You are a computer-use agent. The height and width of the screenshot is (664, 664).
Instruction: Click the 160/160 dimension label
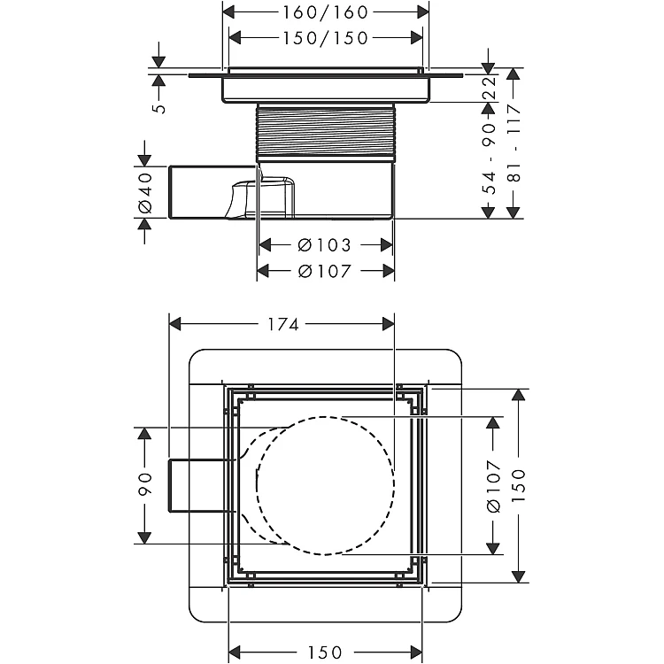tap(325, 12)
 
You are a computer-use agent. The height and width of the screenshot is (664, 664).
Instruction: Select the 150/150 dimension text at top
tap(325, 38)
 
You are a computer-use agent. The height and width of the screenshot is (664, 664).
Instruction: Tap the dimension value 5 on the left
tap(159, 108)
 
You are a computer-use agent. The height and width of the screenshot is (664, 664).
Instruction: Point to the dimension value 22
tap(490, 88)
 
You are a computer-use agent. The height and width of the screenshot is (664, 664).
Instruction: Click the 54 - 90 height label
tap(490, 158)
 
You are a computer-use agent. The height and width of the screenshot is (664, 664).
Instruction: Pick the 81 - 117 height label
tap(514, 143)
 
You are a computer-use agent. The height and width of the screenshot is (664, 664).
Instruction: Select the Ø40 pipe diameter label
tap(145, 192)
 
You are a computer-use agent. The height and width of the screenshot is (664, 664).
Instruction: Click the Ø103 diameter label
tap(325, 245)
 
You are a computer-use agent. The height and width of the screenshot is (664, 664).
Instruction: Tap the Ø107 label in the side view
tap(325, 271)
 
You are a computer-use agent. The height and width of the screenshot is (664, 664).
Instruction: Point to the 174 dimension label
tap(283, 325)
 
